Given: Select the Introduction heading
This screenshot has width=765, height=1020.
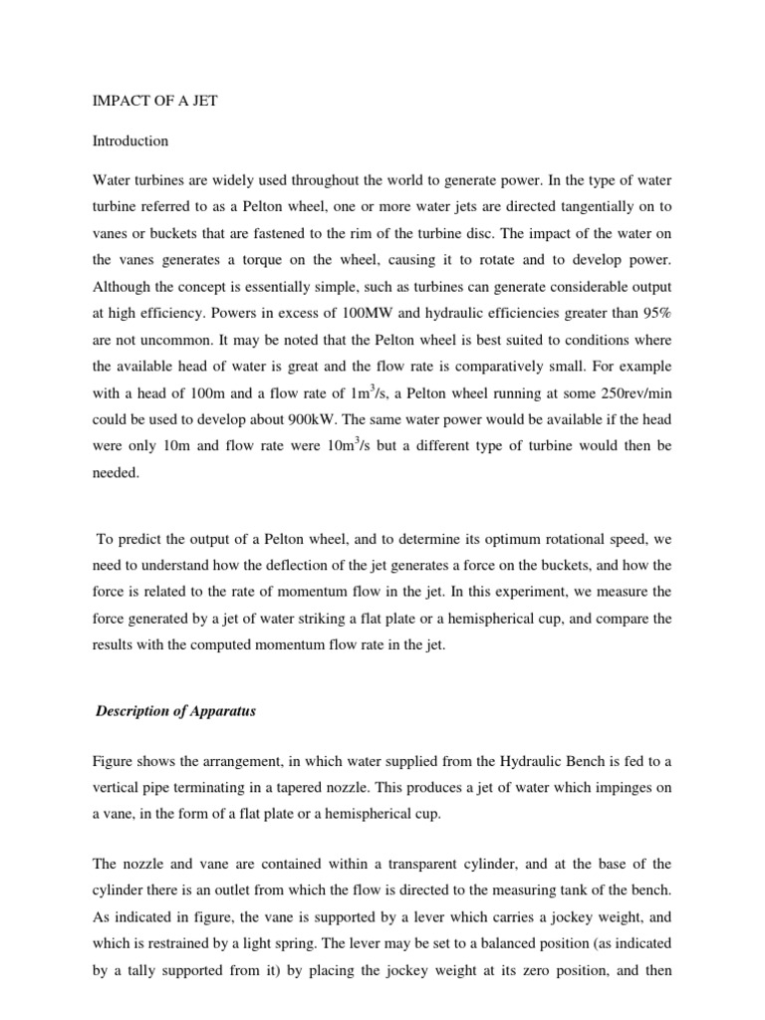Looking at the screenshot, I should [130, 141].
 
